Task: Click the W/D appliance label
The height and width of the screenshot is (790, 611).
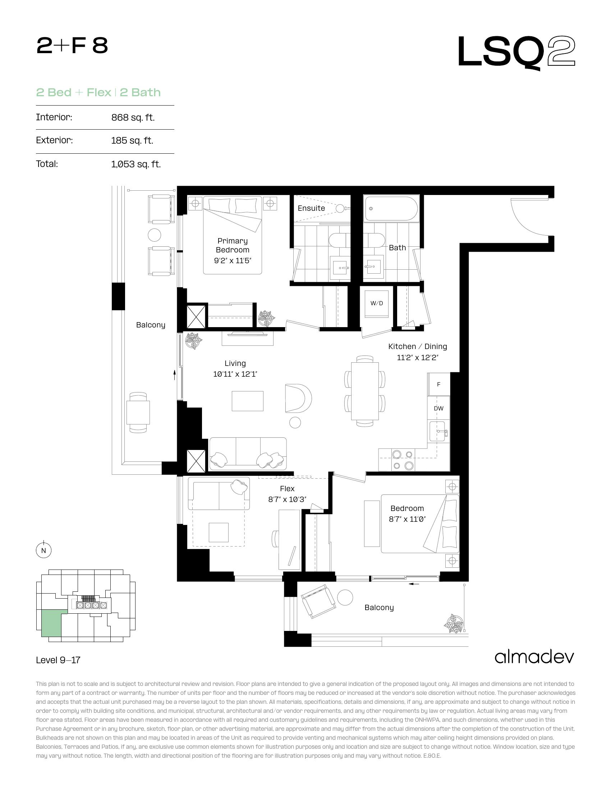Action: (376, 303)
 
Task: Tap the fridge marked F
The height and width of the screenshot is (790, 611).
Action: (439, 384)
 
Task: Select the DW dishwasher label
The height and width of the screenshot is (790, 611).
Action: (439, 408)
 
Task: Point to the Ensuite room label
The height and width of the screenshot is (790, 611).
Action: (311, 208)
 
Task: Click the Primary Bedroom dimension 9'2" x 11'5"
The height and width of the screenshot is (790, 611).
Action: (233, 260)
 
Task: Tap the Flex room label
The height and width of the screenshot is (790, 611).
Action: (287, 489)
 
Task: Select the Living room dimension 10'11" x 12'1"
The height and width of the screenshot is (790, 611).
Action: (235, 374)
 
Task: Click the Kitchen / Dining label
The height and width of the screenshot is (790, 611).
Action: (417, 347)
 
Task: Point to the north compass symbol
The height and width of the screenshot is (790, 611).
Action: (44, 550)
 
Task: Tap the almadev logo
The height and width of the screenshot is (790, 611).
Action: (534, 657)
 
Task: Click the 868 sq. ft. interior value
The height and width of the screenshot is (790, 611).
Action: (133, 117)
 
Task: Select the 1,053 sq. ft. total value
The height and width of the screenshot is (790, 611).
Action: (136, 164)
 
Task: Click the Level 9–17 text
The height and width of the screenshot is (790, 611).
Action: (58, 660)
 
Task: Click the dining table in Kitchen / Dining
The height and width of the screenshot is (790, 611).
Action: (365, 391)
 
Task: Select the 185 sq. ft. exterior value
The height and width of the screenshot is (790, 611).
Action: (132, 140)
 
